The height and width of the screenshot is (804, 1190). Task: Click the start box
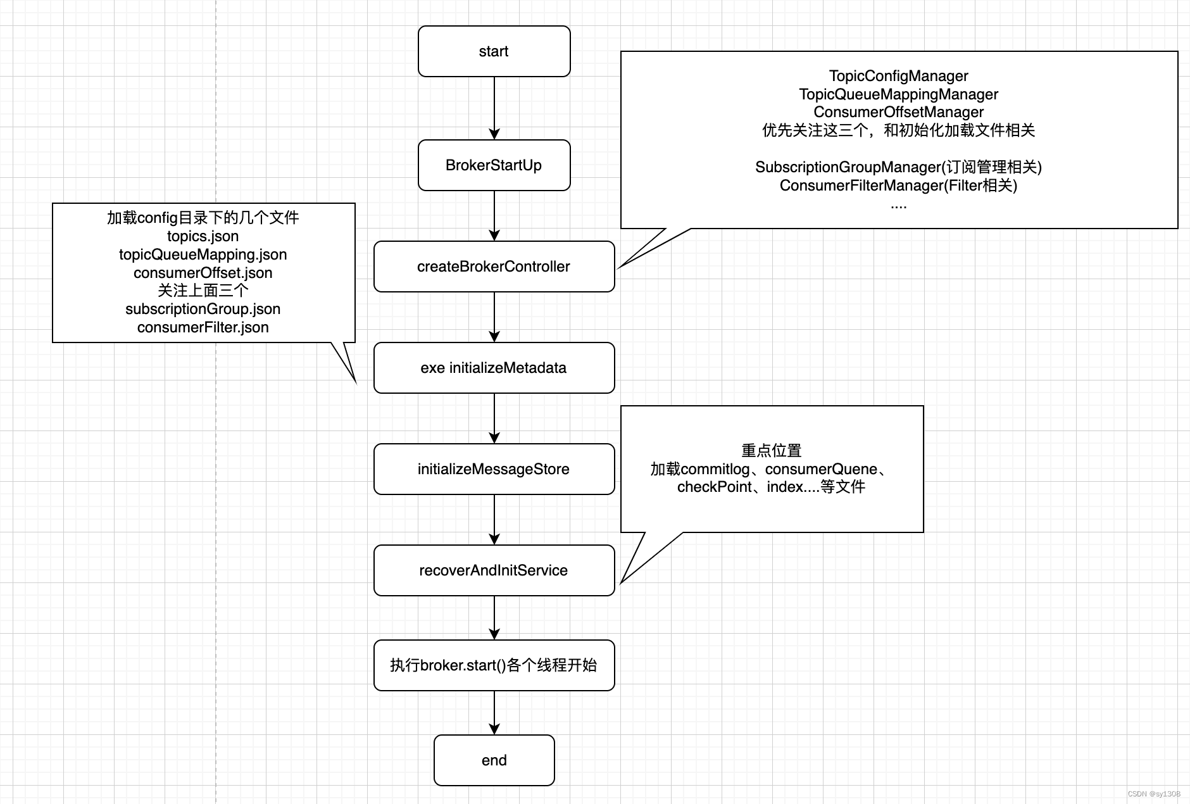pos(494,51)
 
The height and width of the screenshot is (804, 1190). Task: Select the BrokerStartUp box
pos(494,165)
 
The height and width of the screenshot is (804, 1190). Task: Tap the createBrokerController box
pos(494,267)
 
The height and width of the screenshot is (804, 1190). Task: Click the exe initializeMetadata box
pos(494,368)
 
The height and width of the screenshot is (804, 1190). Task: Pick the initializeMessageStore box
pos(494,469)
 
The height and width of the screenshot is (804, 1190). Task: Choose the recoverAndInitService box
pos(494,570)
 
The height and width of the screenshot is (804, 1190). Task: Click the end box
pos(494,760)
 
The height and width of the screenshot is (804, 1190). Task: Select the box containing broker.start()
pos(494,665)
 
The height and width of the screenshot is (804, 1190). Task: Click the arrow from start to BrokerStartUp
pos(494,108)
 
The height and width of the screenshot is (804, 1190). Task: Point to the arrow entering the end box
pos(494,712)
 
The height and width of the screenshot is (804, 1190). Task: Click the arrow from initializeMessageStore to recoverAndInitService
pos(494,519)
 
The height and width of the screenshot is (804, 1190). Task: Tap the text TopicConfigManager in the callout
pos(898,76)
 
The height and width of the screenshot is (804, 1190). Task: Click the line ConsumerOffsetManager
pos(898,112)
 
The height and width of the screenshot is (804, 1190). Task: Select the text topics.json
pos(203,236)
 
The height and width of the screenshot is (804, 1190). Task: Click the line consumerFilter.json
pos(203,327)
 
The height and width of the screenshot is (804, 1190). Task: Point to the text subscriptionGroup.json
pos(203,309)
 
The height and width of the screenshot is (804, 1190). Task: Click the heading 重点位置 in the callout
pos(771,451)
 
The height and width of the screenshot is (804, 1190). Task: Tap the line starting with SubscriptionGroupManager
pos(898,167)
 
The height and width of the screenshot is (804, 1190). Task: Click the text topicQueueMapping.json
pos(203,254)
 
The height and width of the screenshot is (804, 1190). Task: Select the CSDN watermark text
pos(1153,793)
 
